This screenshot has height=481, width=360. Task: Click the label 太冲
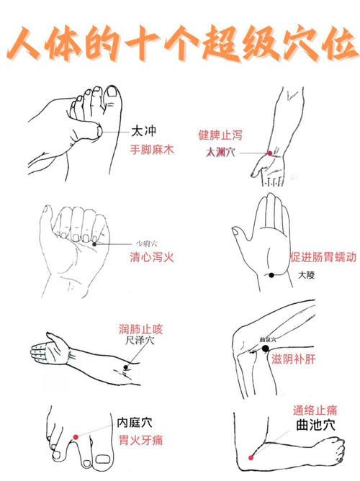(143, 131)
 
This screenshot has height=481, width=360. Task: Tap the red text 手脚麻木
(153, 150)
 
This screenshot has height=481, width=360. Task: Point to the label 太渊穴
(220, 153)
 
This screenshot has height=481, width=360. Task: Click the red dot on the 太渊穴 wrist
(269, 153)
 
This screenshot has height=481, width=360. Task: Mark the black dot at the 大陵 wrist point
(271, 275)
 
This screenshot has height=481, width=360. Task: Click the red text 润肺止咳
(141, 329)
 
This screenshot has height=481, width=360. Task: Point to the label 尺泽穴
(140, 341)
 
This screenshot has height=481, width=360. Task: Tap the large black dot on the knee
(266, 349)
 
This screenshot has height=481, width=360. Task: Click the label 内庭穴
(135, 423)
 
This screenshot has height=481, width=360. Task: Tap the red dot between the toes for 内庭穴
(76, 436)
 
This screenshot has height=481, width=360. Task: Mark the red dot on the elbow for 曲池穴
(251, 457)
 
